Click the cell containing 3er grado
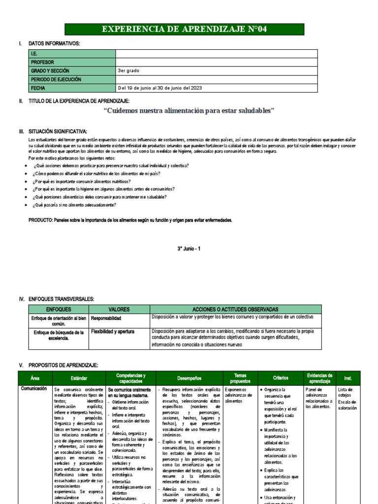coord(128,71)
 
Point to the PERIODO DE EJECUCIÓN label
coord(56,79)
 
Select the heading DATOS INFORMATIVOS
coord(54,44)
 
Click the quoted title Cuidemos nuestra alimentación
coord(189,111)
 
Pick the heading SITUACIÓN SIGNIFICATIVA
coord(58,131)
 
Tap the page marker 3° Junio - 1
coord(189,249)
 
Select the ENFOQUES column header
coord(59,309)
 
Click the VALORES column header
coord(119,309)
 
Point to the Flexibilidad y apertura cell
coord(113,332)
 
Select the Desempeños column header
coord(189,378)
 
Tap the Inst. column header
coord(348,378)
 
